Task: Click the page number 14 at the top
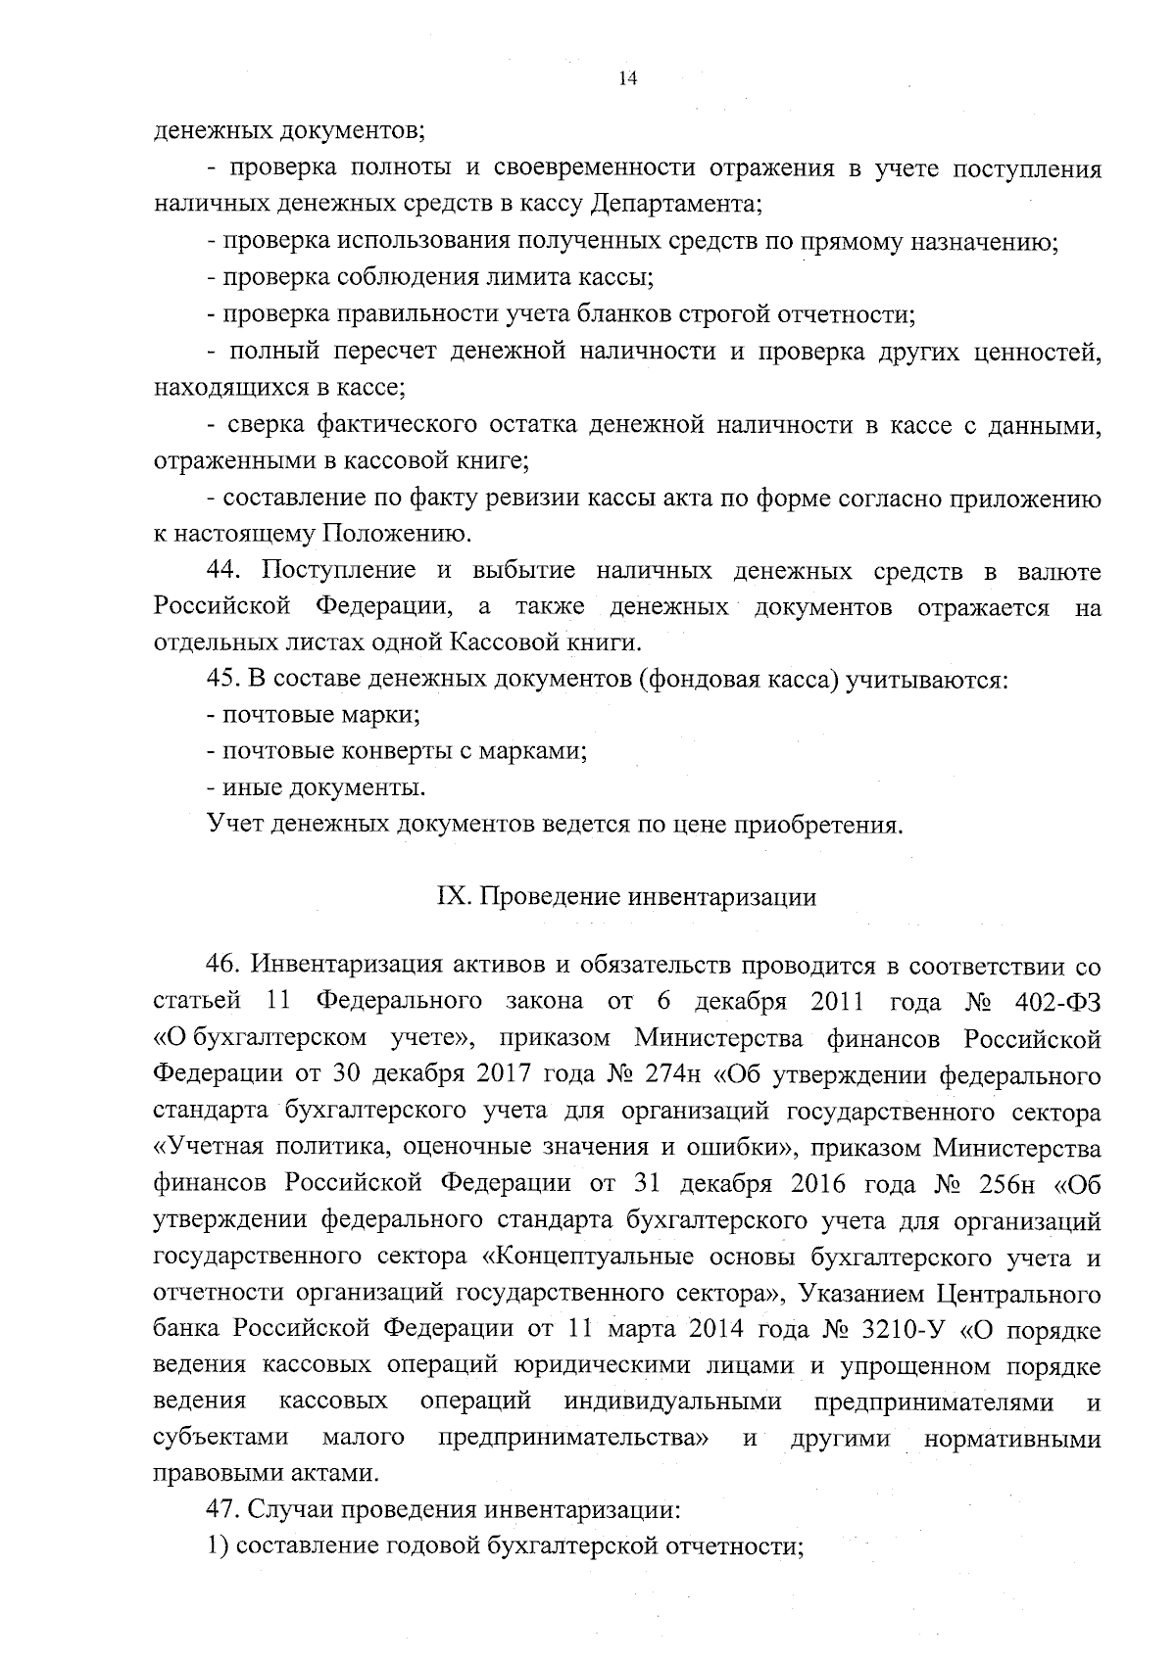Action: tap(628, 79)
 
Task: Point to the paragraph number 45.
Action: tap(221, 679)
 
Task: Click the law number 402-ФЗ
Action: tap(1056, 1002)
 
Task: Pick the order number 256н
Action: tap(1006, 1185)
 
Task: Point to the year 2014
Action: tap(710, 1331)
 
